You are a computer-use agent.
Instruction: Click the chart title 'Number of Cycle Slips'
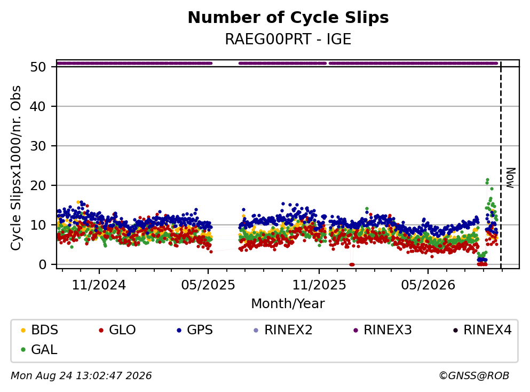(288, 18)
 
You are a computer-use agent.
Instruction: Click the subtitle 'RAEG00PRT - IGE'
(288, 39)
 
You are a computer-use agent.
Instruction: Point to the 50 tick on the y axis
(38, 67)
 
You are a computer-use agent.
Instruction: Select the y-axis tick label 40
(38, 106)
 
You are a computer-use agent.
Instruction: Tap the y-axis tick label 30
(38, 146)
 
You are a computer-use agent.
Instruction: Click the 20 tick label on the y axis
(38, 186)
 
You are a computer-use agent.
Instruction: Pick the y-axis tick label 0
(42, 264)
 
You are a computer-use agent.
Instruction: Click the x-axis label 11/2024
(99, 285)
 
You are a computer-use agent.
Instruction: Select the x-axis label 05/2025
(208, 285)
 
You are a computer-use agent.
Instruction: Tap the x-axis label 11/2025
(319, 285)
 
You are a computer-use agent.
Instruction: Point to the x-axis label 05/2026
(428, 285)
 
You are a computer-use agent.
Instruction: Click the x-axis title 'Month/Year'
(288, 304)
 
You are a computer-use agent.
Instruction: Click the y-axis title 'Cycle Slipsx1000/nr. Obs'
(15, 168)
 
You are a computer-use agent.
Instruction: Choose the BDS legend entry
(39, 330)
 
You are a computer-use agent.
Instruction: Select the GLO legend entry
(117, 330)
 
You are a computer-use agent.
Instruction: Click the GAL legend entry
(39, 349)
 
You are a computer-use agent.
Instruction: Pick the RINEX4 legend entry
(482, 330)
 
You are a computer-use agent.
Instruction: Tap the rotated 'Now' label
(510, 178)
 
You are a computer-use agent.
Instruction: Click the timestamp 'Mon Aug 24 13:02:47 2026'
(82, 376)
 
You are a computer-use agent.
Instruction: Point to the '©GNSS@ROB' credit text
(474, 376)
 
